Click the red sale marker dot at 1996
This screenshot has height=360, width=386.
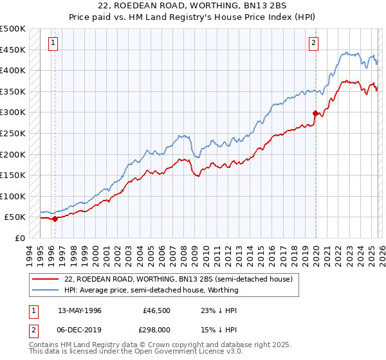(x=55, y=219)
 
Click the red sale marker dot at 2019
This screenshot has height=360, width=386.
(x=315, y=113)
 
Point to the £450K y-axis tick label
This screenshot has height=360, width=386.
(x=13, y=50)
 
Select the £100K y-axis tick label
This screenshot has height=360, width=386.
(x=13, y=196)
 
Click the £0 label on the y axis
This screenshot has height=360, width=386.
(x=19, y=238)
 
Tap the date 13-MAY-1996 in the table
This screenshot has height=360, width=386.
(x=79, y=310)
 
